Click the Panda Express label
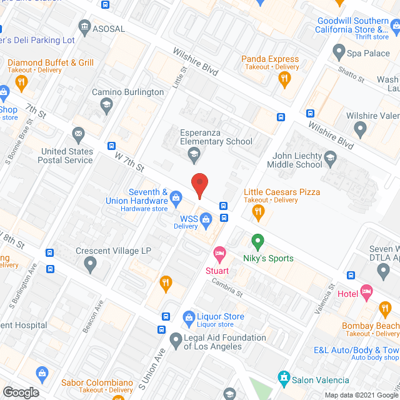coord(270,59)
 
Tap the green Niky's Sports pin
coord(257,241)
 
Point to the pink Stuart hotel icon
coord(219,254)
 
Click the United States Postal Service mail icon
coord(78,134)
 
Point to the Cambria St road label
coord(226,288)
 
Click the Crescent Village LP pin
coord(91,265)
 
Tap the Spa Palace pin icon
coord(339,51)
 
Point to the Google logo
coord(20,392)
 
